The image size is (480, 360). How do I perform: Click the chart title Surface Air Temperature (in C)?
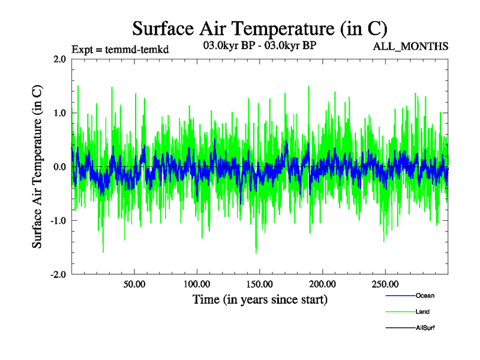coord(259,28)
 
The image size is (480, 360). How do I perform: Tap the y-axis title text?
coord(37,166)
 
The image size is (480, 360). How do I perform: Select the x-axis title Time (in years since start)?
coord(260,299)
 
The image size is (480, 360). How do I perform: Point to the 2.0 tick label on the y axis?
coord(59,59)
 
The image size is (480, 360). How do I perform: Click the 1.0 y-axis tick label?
coord(59,113)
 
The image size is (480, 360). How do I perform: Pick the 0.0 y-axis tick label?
coord(59,166)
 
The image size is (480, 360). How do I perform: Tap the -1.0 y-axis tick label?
coord(58,220)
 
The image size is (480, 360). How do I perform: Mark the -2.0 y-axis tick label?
coord(58,274)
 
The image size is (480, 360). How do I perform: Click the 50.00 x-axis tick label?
coord(134,283)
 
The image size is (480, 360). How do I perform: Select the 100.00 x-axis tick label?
coord(197,283)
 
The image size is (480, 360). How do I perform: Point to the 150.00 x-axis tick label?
coord(259,283)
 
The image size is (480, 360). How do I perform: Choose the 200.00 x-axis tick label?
coord(322,283)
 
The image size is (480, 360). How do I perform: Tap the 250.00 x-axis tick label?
coord(385,283)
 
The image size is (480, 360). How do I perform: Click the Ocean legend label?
coord(425,296)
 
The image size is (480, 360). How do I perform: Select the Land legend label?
coord(422,312)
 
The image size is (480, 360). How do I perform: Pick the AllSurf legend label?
coord(425,328)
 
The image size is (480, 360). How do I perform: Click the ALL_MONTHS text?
coord(411,46)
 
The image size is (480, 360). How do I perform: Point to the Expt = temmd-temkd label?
coord(120,49)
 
